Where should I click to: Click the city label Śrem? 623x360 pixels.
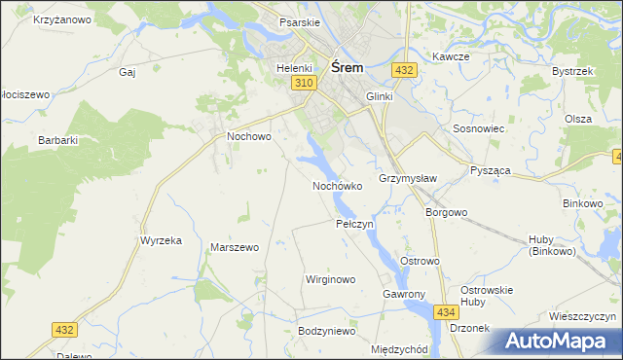(348, 67)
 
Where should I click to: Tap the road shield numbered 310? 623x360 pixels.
(303, 85)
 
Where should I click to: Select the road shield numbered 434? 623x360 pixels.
(446, 311)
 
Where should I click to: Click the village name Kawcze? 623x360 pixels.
(452, 56)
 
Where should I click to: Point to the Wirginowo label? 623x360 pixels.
(331, 279)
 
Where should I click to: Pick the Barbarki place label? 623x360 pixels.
(57, 140)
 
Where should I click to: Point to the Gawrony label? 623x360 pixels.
(405, 294)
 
